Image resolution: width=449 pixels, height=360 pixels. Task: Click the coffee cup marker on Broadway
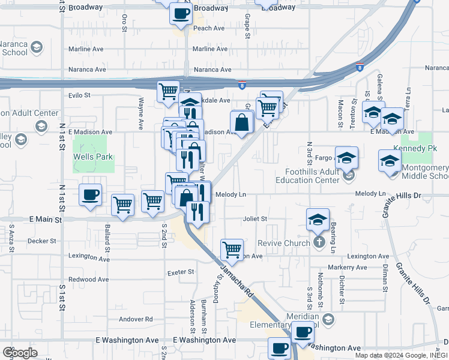coord(181,13)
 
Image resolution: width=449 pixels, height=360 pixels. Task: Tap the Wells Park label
coord(93,157)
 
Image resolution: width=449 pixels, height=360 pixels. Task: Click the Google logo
coord(20,352)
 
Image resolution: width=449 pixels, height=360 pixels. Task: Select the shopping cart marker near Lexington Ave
coord(231,248)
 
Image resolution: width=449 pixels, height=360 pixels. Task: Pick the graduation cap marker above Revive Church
coord(318,219)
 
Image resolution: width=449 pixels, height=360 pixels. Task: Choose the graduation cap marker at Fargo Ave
coord(346,157)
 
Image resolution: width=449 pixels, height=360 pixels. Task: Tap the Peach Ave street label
coord(209,28)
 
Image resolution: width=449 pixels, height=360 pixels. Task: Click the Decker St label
coord(46,241)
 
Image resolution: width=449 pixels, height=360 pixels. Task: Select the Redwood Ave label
coord(89,280)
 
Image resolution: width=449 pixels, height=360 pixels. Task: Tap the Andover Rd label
coord(136,319)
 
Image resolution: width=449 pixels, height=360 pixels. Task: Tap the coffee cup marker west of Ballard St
coord(90,194)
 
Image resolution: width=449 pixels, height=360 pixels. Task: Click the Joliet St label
coord(255,219)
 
